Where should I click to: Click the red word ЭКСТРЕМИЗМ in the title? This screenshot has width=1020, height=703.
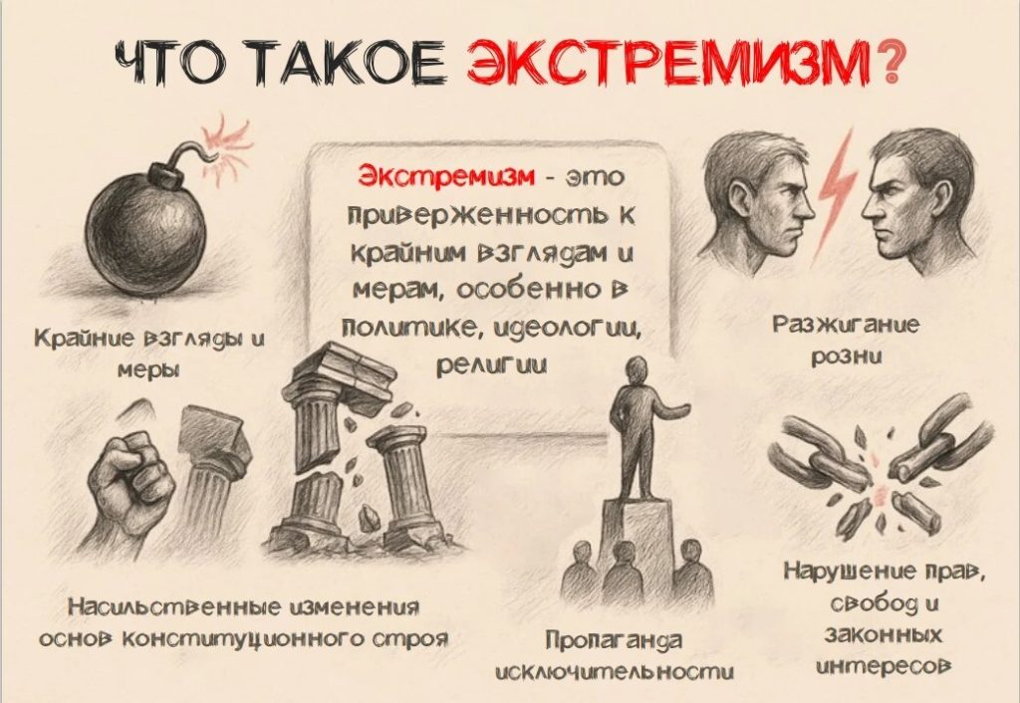click(x=669, y=63)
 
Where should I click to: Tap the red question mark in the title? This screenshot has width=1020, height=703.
click(x=888, y=63)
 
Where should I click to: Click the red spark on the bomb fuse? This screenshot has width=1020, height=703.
click(x=224, y=144)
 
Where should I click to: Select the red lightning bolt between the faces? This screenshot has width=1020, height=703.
click(x=834, y=187)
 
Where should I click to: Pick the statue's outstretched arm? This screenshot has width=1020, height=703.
click(x=671, y=409)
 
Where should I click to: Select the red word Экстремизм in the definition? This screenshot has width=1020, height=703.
click(x=445, y=176)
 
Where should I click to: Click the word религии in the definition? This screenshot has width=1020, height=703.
click(x=490, y=365)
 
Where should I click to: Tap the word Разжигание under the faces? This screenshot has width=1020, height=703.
click(x=847, y=325)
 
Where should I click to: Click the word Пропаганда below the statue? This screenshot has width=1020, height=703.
click(x=614, y=640)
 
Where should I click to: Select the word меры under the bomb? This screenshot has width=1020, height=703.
click(x=148, y=370)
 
